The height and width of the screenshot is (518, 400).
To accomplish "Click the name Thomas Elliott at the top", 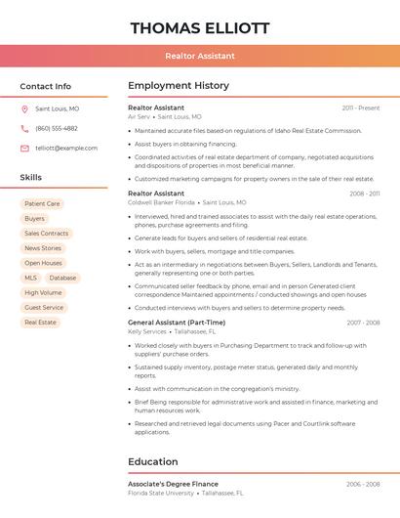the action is coord(200,28).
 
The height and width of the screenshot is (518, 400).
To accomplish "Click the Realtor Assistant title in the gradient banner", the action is coord(200,56).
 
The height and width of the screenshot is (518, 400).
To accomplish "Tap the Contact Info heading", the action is coord(46,86).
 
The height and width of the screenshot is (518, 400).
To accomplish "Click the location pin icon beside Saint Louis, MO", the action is coord(24,109).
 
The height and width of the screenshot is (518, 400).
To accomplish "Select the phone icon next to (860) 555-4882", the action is coord(24,128).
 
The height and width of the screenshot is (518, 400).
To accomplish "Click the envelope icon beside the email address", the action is coord(24,148).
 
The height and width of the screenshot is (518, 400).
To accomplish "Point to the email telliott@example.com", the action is coord(66,148).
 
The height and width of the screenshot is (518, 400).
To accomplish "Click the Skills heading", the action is coord(31,178).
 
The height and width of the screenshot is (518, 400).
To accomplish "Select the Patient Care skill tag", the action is coord(42,204).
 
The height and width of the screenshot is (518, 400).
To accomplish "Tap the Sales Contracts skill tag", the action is coord(46,234).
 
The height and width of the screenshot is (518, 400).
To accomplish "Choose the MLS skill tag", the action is coord(31,278).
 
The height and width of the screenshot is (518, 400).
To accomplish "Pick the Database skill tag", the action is coord(62,278).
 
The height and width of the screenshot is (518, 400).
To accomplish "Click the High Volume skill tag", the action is coord(43,292).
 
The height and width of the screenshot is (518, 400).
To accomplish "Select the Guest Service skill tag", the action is coord(44,307).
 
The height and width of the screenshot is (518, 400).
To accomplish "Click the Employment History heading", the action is coord(179,86).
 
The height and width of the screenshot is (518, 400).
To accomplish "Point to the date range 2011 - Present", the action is coord(360,108).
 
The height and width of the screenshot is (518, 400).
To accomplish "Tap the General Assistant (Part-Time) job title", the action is coord(177,323).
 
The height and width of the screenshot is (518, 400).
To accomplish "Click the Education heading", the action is coord(153,461).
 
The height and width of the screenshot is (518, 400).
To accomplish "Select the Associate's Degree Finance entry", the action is coord(173,484).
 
